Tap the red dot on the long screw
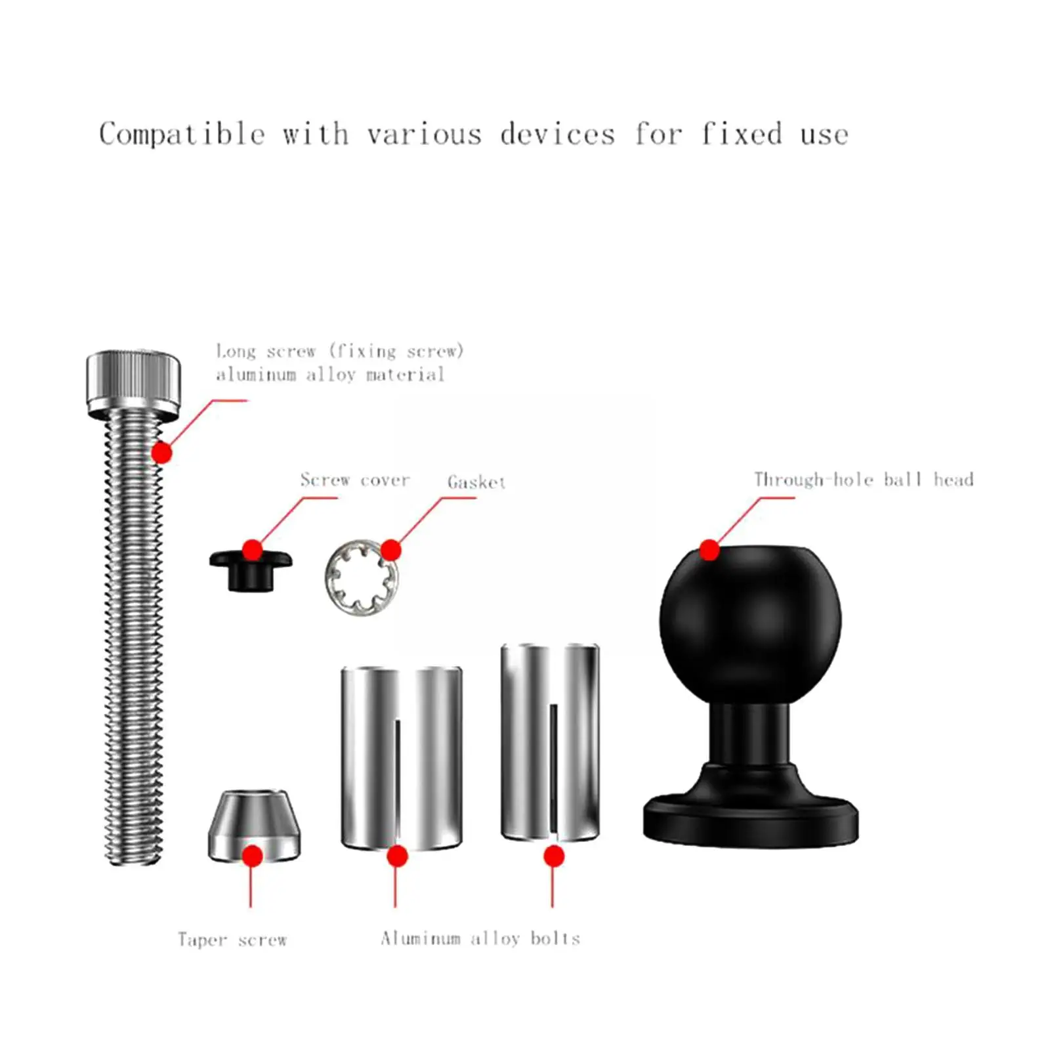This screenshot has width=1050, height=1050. [x=161, y=453]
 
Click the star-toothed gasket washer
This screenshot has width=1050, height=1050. [x=360, y=578]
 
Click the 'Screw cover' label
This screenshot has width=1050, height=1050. [x=355, y=480]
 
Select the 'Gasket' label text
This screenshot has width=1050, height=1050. [x=476, y=482]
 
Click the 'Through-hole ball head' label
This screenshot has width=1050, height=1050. [x=863, y=480]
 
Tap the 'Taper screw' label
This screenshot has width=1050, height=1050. [x=232, y=940]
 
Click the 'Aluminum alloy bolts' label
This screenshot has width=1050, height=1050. [x=480, y=938]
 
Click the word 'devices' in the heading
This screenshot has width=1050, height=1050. [x=558, y=135]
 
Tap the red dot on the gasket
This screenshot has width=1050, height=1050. [x=390, y=550]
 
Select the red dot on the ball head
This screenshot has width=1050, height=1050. [x=709, y=550]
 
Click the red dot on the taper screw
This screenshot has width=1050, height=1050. [x=253, y=856]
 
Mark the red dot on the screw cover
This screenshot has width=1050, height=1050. [x=253, y=550]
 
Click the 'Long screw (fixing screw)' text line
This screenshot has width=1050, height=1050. [x=340, y=351]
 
